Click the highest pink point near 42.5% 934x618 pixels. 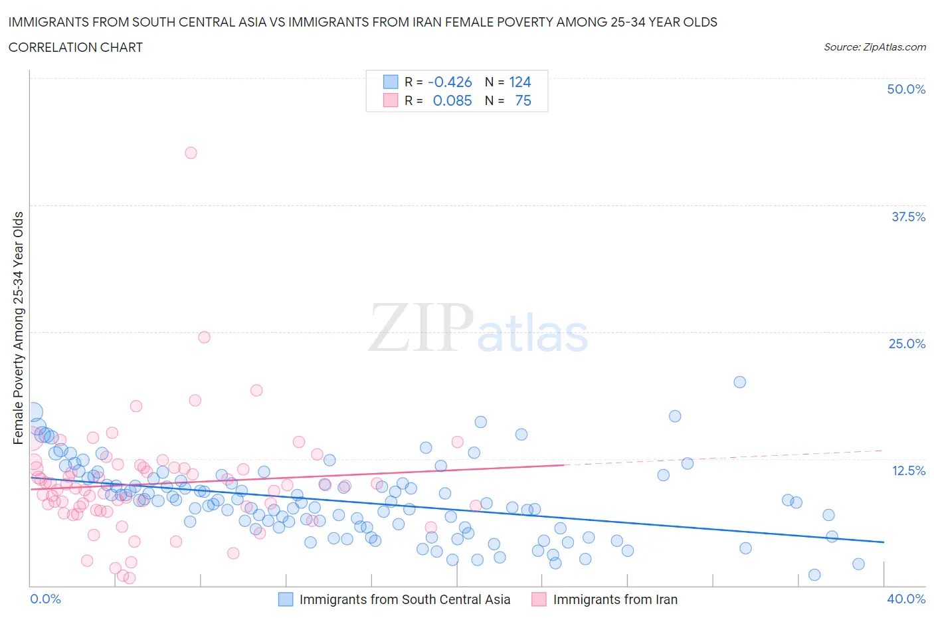(x=191, y=153)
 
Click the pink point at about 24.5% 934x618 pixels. (x=204, y=337)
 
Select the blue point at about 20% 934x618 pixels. (x=739, y=382)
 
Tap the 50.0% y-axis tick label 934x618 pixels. (x=905, y=89)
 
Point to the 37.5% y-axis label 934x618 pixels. (x=907, y=217)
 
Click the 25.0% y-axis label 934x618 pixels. (x=907, y=344)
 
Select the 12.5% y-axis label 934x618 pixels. (x=908, y=470)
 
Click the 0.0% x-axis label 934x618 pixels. (x=46, y=599)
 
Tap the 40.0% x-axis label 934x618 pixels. (x=906, y=599)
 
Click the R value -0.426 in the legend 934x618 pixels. (x=450, y=82)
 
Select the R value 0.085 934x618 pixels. (x=452, y=100)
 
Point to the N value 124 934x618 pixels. (x=519, y=82)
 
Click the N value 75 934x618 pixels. (x=523, y=100)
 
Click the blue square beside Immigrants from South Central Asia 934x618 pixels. (x=286, y=599)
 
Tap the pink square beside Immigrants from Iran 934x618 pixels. (x=539, y=599)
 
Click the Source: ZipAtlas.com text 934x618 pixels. (x=874, y=47)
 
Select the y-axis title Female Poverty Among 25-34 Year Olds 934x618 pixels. (x=19, y=328)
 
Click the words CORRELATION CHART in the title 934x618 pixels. (x=76, y=47)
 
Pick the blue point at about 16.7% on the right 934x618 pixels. (x=675, y=416)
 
